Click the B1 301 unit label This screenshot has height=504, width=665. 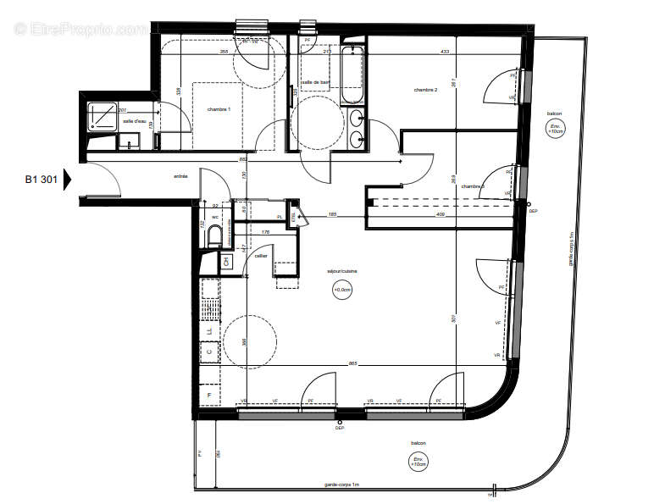tap(40, 179)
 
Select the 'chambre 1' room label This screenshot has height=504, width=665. tap(219, 110)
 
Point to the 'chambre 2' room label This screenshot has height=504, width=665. tap(424, 90)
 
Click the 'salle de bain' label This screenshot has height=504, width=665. tap(316, 81)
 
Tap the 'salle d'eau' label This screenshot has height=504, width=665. tap(134, 122)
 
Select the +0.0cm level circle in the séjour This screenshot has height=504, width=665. tap(342, 291)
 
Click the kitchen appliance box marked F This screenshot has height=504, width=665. tap(208, 395)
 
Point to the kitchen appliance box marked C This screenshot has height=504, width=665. tap(208, 347)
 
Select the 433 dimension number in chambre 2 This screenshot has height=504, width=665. tap(445, 52)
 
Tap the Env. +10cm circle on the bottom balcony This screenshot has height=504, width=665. tap(418, 462)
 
